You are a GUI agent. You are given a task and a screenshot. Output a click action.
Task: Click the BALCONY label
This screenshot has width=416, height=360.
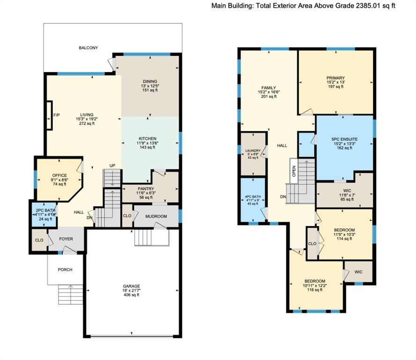point(89,48)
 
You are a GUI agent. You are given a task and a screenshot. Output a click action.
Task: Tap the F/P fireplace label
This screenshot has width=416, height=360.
point(57,115)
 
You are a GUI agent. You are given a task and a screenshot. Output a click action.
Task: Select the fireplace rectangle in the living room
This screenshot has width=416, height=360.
point(49,115)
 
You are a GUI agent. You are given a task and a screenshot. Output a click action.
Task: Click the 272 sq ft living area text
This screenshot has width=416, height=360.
point(87,123)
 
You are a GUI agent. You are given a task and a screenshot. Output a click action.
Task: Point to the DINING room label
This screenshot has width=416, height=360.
point(150,81)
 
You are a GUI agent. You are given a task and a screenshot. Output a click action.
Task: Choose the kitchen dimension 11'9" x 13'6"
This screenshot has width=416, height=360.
point(148,143)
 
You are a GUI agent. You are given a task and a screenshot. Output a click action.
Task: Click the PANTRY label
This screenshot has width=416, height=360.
point(146,189)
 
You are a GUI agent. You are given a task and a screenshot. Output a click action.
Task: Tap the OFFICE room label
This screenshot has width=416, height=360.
point(59,175)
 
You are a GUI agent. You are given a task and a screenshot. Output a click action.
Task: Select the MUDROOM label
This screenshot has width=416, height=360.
point(156,217)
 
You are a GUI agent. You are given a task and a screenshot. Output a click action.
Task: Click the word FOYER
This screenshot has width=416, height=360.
point(66,239)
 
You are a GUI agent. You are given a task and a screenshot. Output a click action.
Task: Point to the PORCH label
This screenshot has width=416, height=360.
point(65,270)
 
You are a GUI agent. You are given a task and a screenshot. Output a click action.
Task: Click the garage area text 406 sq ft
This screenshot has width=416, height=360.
point(131,295)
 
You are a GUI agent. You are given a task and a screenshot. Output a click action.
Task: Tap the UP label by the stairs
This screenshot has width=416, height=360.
point(112,165)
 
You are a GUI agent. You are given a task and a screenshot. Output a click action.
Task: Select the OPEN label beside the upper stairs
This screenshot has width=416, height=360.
point(294,171)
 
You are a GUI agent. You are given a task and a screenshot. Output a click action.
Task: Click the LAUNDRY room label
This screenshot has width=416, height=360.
point(253,150)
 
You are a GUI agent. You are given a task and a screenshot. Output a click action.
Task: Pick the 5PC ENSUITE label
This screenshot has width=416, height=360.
point(344,139)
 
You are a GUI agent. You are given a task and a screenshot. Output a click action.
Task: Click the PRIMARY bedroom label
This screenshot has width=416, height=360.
point(335,78)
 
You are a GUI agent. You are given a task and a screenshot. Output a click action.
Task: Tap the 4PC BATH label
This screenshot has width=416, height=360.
point(253,197)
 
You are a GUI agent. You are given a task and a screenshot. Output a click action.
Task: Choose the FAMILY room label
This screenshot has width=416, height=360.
point(269,88)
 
